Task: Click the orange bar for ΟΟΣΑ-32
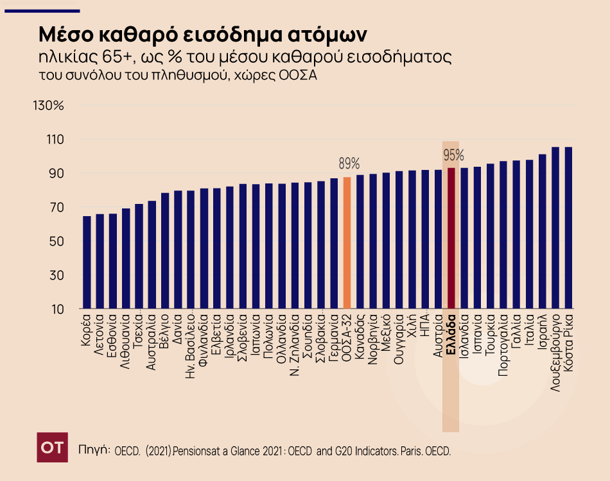pos(347,244)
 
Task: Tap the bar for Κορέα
pos(87,263)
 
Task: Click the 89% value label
pos(350,163)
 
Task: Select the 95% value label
pos(453,155)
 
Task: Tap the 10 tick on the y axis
pos(57,309)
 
